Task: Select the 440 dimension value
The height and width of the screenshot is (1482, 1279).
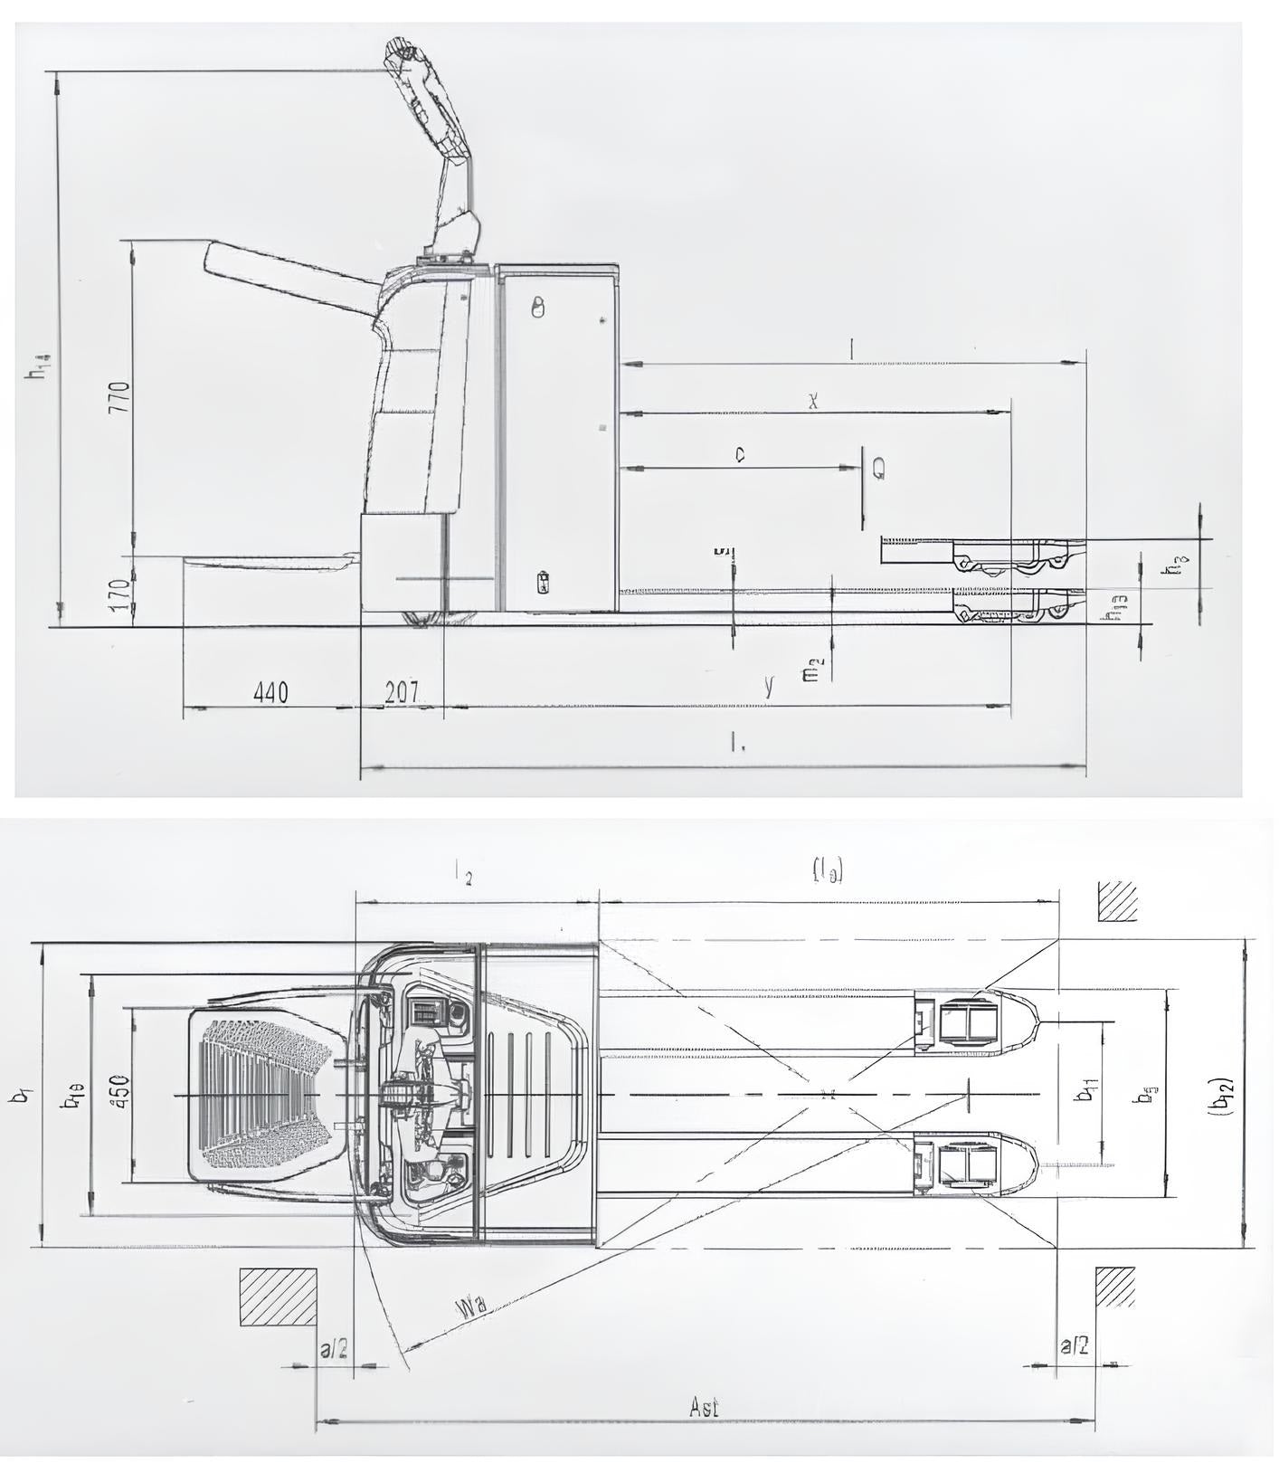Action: click(270, 693)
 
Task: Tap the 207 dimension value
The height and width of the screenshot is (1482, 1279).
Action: click(402, 693)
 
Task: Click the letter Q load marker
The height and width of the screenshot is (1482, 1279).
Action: click(878, 468)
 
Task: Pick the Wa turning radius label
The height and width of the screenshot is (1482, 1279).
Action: click(471, 1307)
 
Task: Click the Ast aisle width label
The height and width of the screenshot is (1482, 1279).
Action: click(704, 1407)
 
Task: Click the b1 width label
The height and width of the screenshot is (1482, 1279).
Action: click(20, 1095)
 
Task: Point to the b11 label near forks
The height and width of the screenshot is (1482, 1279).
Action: click(1085, 1094)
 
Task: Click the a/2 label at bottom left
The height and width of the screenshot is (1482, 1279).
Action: click(334, 1350)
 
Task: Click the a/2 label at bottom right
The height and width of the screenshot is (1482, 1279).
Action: click(1075, 1346)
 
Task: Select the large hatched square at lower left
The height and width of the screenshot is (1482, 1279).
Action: click(278, 1297)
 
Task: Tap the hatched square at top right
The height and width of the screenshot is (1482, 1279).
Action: click(1117, 900)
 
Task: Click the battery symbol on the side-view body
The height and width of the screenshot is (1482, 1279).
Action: click(544, 582)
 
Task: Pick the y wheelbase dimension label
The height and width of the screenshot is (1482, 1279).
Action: click(768, 687)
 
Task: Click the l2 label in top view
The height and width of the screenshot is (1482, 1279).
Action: click(464, 875)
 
